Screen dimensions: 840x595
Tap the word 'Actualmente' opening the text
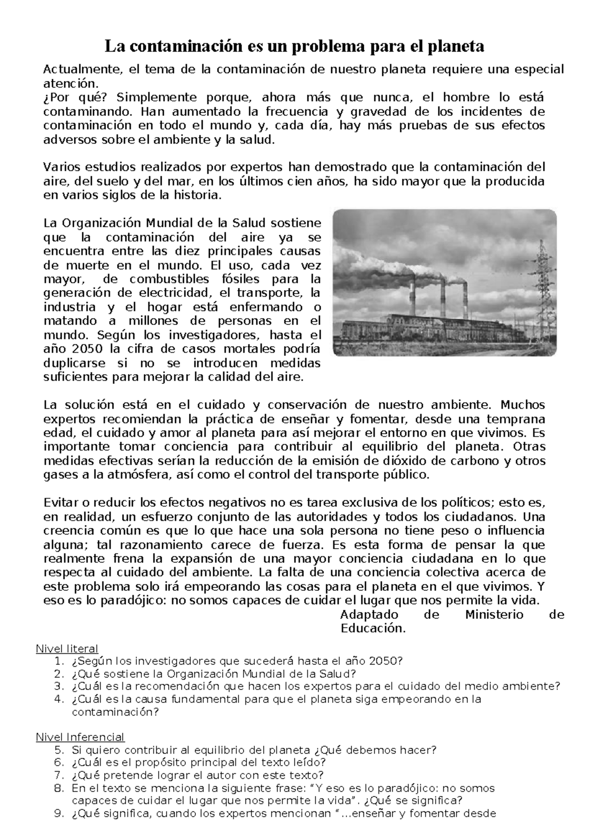[81, 69]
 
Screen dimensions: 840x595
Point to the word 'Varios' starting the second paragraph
[61, 167]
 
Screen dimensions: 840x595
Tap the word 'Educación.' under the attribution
[373, 629]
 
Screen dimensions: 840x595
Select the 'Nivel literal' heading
[67, 648]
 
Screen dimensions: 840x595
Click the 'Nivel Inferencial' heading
[80, 737]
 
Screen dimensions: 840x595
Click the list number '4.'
[59, 699]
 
